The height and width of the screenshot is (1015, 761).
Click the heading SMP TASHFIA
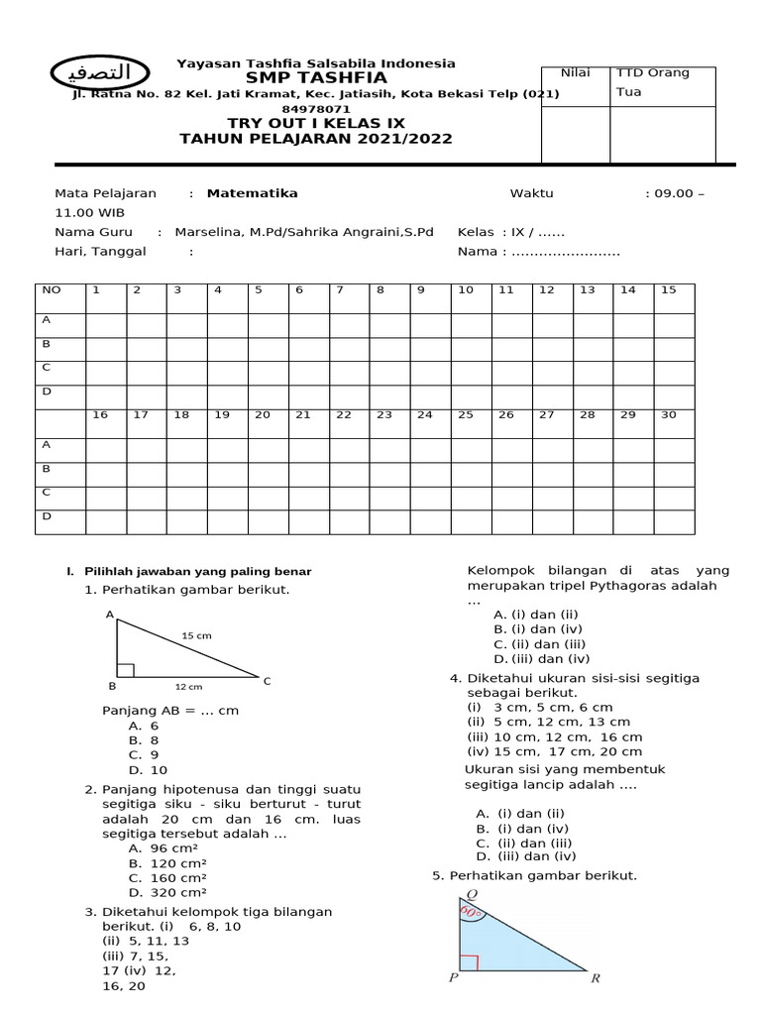[316, 78]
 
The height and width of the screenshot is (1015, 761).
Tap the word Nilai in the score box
[576, 72]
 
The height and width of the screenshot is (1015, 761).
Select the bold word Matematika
[252, 193]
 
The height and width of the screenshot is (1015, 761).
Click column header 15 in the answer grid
[668, 289]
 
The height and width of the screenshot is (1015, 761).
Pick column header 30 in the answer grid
[668, 414]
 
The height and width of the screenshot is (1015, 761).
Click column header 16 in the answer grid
[100, 414]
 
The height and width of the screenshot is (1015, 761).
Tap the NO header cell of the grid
[49, 289]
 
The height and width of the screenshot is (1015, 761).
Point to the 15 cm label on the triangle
[196, 635]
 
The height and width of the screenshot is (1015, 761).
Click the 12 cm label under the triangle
[188, 686]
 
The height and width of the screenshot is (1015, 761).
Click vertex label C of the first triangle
[267, 681]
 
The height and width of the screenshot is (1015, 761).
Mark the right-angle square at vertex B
[124, 670]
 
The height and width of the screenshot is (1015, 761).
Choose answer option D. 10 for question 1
[148, 769]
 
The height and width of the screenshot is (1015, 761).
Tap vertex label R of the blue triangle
[595, 979]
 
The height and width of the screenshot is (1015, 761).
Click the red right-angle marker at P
[470, 961]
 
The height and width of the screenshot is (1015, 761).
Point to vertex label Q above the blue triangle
[458, 891]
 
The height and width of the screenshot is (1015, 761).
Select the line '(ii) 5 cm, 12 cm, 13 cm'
[548, 722]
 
